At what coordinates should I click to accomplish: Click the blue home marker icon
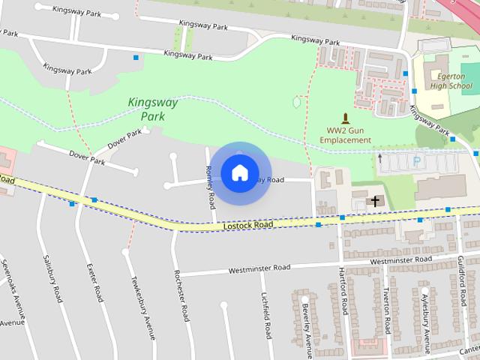point(239,173)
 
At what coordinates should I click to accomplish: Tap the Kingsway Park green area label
point(153,109)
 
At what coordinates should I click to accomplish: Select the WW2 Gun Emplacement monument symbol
point(345,118)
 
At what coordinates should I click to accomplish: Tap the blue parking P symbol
point(417,160)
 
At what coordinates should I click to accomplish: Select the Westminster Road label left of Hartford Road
point(259,268)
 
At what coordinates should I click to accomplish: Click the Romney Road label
point(211,187)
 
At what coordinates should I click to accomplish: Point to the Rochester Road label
point(180,295)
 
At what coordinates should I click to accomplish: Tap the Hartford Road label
point(344,290)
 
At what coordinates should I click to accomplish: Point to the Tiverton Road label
point(387,310)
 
